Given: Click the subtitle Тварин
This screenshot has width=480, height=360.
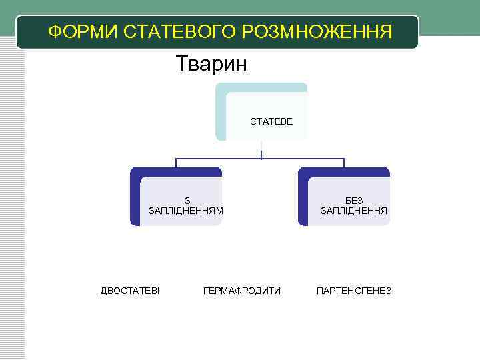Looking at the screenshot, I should (211, 64).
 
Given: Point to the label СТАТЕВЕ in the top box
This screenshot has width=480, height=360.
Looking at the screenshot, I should (266, 122).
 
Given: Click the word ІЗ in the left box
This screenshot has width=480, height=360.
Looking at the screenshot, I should (186, 201).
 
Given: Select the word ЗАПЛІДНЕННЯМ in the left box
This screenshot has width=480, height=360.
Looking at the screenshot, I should (186, 211).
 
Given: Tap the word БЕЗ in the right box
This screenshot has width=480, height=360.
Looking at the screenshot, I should (354, 201).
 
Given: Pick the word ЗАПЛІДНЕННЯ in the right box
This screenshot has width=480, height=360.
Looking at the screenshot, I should (354, 211).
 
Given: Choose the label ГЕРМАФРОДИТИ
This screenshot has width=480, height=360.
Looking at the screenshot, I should (242, 291).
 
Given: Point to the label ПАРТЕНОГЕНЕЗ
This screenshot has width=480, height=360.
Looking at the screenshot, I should (354, 291).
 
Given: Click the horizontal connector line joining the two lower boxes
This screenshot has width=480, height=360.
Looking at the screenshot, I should (220, 159).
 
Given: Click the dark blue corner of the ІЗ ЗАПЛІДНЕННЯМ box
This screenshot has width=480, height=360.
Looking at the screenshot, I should (135, 175).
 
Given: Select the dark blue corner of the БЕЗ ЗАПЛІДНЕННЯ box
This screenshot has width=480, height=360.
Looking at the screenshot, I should (303, 175).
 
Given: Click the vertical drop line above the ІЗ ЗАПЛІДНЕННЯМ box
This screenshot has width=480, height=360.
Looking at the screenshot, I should (176, 163).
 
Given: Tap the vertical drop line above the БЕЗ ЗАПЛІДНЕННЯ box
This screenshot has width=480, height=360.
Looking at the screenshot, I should (344, 163).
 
